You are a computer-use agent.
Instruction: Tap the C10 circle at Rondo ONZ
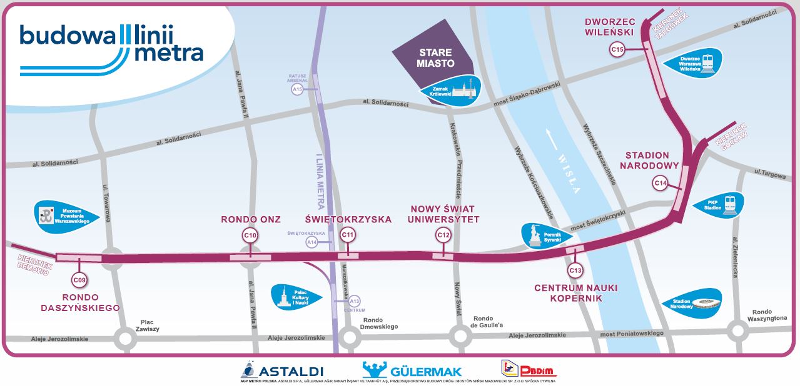tap(250, 235)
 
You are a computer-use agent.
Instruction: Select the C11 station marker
tap(348, 235)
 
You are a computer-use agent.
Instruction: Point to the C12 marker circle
tap(443, 235)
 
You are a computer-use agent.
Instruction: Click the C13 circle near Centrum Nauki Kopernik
tap(575, 270)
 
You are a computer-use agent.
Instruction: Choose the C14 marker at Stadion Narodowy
tap(660, 183)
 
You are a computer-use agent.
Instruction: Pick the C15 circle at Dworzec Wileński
tap(618, 49)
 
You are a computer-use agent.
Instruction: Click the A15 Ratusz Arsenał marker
tap(298, 90)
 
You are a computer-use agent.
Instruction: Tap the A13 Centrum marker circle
tap(355, 301)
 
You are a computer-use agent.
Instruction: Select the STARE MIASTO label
tap(435, 59)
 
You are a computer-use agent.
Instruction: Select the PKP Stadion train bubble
tap(719, 205)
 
